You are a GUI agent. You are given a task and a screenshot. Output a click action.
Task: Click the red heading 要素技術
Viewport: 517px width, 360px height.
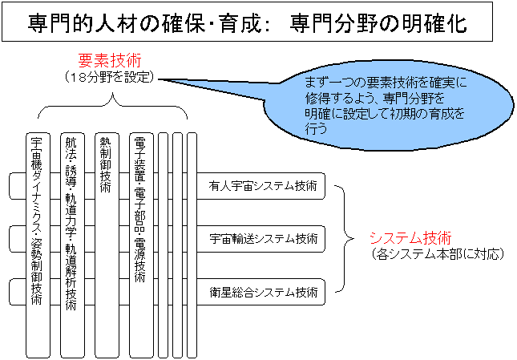110,61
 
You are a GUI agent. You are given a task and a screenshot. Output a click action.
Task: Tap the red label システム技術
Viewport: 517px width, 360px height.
410,237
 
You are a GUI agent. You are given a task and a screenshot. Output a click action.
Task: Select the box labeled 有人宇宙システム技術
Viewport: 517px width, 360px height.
261,186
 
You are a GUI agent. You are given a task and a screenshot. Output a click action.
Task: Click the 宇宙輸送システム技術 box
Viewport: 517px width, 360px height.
261,239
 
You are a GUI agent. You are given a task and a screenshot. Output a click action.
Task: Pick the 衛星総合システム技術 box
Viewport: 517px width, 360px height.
261,292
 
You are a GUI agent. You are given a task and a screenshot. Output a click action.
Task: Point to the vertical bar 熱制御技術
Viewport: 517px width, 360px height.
107,245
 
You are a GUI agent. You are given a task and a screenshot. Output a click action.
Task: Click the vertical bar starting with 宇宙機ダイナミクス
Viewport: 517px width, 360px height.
38,245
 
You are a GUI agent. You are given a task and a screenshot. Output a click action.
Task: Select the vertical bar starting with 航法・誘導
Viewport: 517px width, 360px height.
72,245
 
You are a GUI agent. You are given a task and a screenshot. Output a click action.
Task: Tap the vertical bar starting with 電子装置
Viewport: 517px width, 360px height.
141,245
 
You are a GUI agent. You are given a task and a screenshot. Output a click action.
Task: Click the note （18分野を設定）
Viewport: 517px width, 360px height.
110,77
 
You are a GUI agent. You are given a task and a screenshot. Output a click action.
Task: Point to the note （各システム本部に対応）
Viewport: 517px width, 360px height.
438,254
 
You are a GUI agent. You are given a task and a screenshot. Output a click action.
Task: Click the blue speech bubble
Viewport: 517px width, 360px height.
389,106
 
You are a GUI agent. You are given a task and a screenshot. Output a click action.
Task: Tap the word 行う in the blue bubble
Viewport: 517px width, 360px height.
316,129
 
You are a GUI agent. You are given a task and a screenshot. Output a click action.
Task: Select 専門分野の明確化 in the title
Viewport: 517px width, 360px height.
378,22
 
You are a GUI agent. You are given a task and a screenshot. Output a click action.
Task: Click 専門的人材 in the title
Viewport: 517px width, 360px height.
82,23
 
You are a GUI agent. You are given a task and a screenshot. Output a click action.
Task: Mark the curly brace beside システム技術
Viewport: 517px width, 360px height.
345,239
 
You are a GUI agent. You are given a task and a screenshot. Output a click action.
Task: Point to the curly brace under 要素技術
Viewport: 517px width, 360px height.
113,106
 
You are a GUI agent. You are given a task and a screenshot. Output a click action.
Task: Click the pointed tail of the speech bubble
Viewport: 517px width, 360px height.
159,79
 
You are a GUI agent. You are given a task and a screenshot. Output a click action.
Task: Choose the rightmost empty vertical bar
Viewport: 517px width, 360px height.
192,245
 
